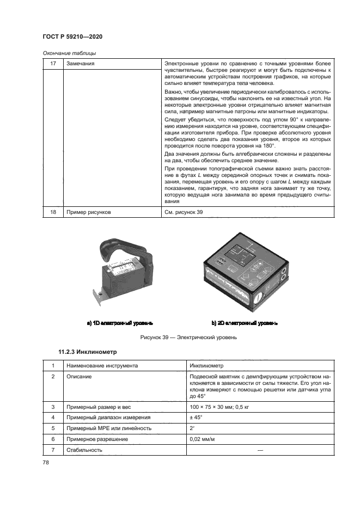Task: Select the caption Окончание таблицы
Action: pos(69,53)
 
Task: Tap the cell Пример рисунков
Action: pos(88,212)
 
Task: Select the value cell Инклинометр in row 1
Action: pos(205,366)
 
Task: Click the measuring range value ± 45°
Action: pos(196,418)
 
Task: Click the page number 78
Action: pos(46,463)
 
